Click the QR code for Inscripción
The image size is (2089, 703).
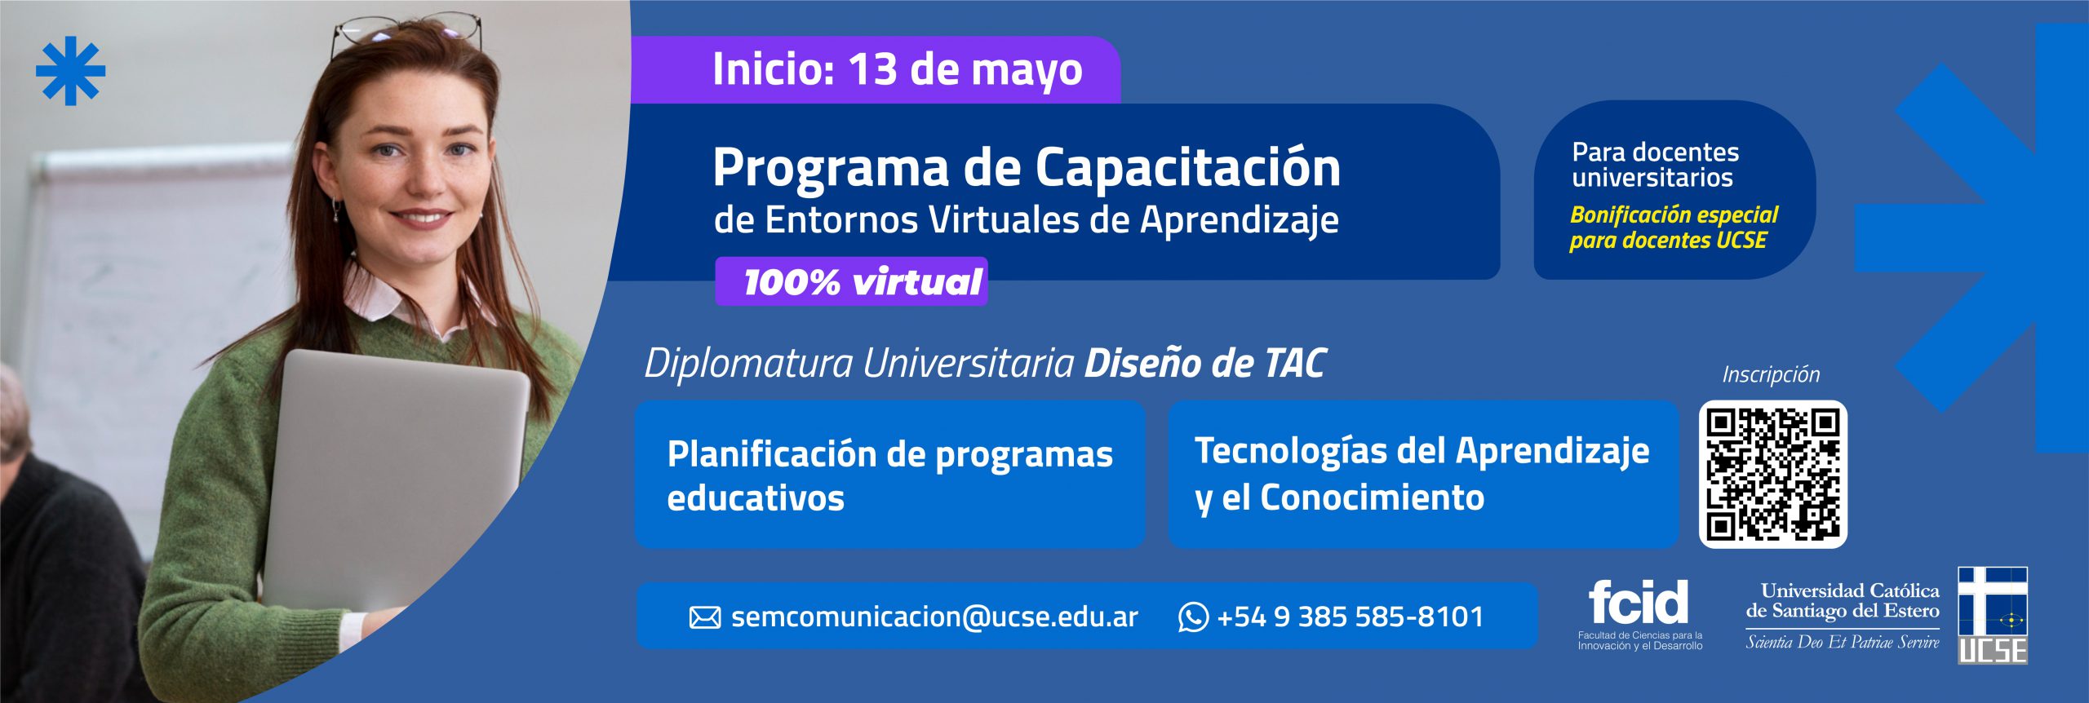(1772, 474)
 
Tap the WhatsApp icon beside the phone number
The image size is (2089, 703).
(1192, 617)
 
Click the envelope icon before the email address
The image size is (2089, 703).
(705, 617)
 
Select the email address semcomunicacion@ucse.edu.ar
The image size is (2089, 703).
(934, 617)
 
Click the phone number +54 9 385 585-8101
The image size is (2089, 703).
(1350, 617)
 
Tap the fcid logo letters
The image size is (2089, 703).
(1638, 602)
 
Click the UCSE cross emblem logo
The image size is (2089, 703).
(1992, 615)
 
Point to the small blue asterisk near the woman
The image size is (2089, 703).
(71, 71)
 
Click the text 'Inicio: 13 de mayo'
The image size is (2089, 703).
(898, 69)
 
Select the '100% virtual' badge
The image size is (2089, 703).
(851, 282)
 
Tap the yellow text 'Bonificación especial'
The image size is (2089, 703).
(1674, 214)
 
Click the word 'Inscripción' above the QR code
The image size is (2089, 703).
(1771, 374)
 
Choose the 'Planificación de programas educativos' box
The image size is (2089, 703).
(890, 474)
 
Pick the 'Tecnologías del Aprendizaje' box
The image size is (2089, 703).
(1423, 474)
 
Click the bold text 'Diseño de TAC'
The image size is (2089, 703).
(1205, 364)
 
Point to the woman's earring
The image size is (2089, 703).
(335, 210)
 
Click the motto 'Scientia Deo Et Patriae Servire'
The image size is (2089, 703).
(1843, 643)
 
